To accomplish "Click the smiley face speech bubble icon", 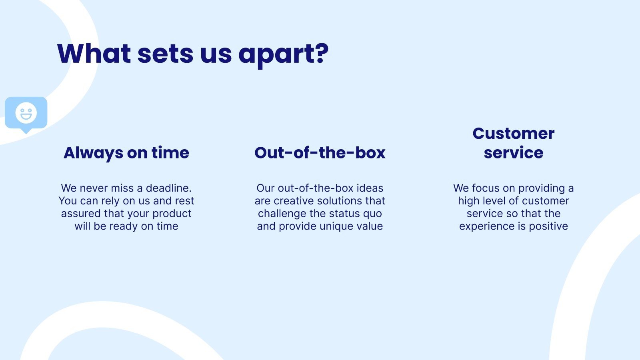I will (x=26, y=113).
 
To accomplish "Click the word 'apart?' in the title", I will (x=283, y=54).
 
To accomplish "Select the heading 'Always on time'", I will (x=126, y=153).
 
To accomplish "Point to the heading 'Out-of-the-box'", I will (x=320, y=153).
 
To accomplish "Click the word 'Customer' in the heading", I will (x=513, y=134).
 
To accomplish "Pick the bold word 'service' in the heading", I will (x=513, y=153).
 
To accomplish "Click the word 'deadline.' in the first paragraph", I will (x=168, y=188).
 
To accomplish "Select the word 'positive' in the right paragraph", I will (x=548, y=226).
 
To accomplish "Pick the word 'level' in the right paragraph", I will (x=496, y=201).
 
